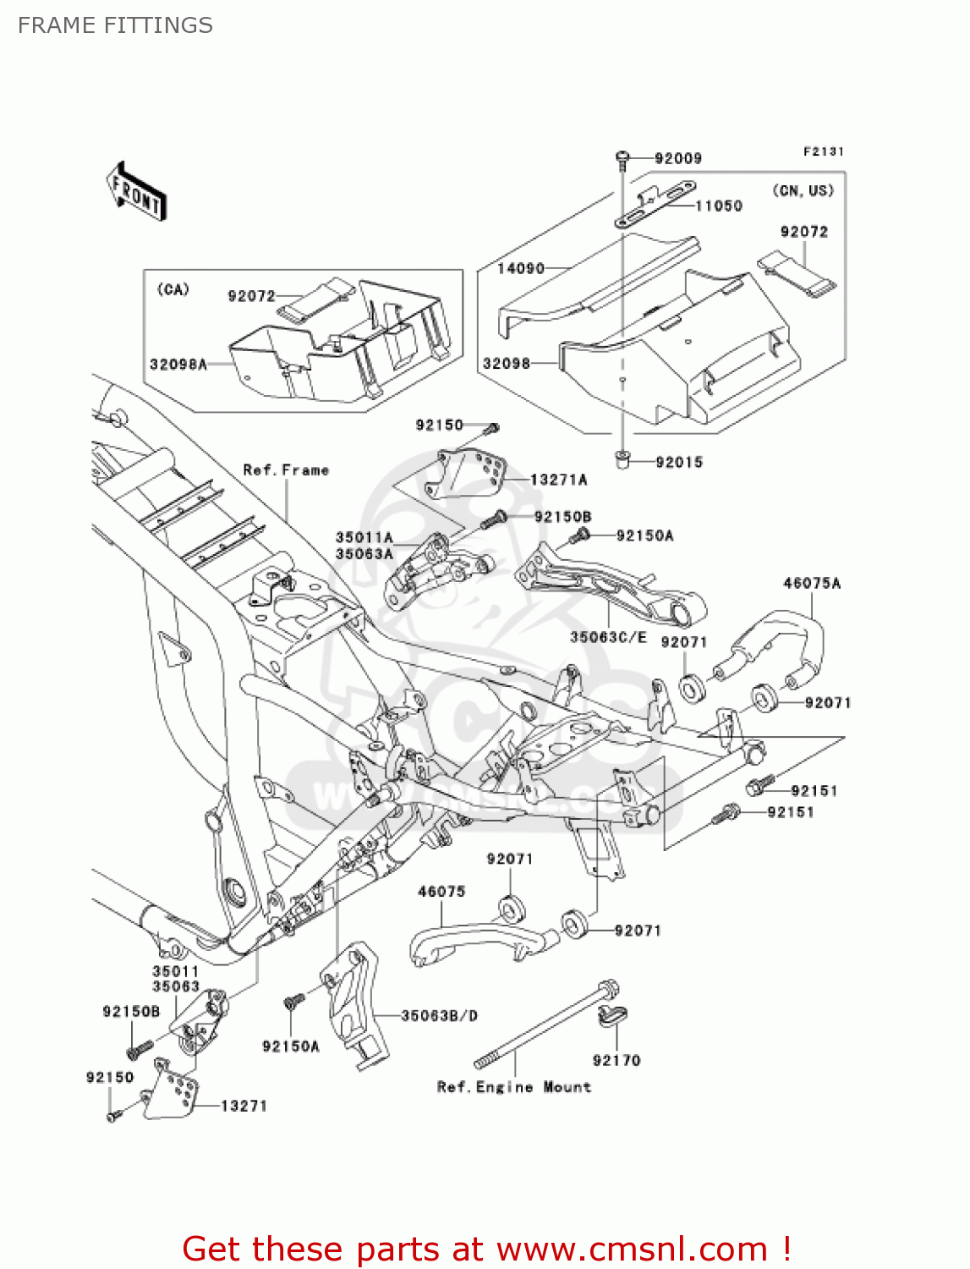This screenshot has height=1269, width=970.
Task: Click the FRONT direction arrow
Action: coord(136,192)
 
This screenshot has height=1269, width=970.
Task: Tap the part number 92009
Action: coord(677,158)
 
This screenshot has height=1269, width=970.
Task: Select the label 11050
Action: coord(718,206)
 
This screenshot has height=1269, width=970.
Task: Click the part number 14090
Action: coord(520,268)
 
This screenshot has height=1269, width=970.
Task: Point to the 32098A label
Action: coord(178,365)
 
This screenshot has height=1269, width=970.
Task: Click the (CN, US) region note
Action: coord(803,190)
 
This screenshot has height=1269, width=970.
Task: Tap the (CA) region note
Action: coord(173,289)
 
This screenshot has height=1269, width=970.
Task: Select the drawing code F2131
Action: coord(823,151)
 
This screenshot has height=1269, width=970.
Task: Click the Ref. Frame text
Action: coord(285,470)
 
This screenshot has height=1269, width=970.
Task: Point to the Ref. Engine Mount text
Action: coord(513,1087)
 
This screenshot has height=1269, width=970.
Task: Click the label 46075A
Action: coord(811,583)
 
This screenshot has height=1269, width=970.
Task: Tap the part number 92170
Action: coord(616,1060)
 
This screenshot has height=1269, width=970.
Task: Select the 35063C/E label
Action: coord(607,637)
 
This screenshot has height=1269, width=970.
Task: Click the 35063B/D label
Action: coord(438,1015)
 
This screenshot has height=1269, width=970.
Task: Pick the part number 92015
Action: coord(678,462)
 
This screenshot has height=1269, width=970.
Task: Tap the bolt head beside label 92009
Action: coord(622,157)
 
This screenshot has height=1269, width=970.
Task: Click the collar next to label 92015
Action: coord(622,460)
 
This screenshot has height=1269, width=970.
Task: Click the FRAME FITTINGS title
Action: coord(115,25)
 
